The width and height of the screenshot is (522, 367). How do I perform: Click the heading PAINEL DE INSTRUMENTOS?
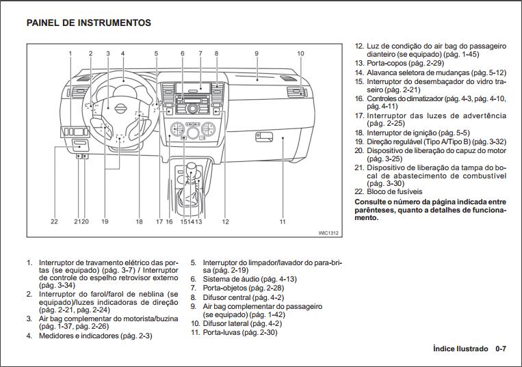pos(89,23)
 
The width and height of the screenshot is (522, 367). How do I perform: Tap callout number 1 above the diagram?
pos(70,53)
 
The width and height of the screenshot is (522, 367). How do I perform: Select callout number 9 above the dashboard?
pos(257,53)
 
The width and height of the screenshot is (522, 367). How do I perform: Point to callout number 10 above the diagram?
pos(300,53)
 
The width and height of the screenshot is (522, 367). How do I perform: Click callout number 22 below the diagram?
pos(54,221)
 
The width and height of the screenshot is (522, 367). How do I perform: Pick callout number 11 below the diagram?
pos(282,221)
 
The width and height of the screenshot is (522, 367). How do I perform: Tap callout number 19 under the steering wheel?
pos(105,221)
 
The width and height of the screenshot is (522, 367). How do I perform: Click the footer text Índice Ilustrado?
pos(460,349)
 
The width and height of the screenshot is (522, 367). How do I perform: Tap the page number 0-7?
pos(501,349)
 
